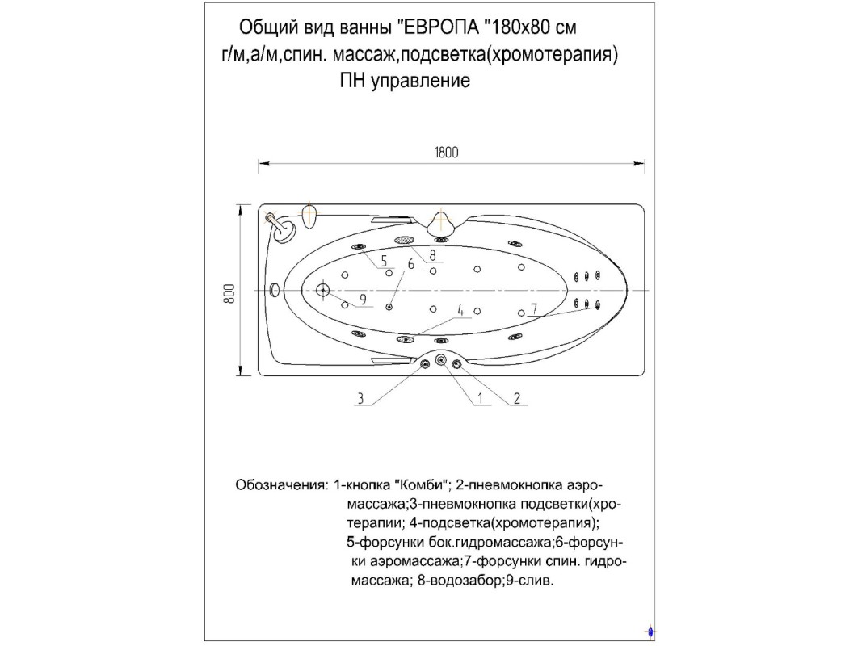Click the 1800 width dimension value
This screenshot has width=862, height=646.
coord(446,152)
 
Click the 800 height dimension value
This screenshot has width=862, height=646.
coord(229,293)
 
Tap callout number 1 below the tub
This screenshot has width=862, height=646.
coord(480,398)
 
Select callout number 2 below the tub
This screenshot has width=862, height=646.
coord(517,398)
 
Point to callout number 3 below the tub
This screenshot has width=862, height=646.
coord(360,398)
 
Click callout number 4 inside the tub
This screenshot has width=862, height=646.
coord(460,310)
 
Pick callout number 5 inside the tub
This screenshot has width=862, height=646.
coord(384,261)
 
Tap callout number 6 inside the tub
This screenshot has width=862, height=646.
coord(410,264)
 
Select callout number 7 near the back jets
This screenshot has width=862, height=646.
coord(533,308)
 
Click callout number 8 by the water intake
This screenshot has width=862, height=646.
coord(433,255)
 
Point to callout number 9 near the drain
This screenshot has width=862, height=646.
coord(363,300)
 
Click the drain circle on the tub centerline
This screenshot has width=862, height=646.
coord(322,290)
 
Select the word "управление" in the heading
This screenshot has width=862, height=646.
coord(421,81)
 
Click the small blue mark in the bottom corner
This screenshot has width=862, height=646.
coord(651,632)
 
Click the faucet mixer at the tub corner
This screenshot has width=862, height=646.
coord(281,226)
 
